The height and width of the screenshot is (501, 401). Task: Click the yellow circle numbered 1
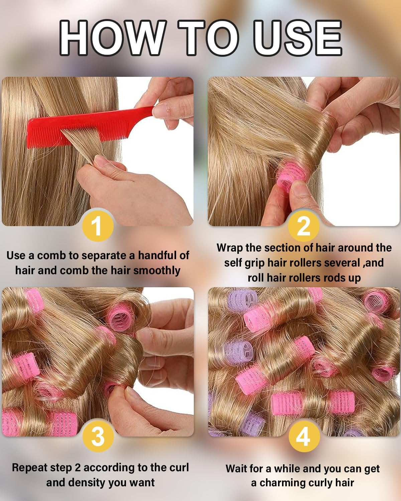(x=97, y=226)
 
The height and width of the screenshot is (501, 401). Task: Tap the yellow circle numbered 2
(x=303, y=226)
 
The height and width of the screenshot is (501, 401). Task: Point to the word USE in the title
(x=300, y=37)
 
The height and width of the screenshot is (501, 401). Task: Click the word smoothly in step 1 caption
(x=157, y=271)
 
